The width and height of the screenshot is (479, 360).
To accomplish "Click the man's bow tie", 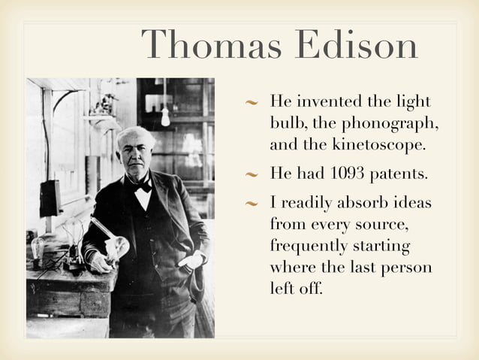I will click(142, 184).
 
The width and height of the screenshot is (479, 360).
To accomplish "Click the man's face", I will click(137, 155).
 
